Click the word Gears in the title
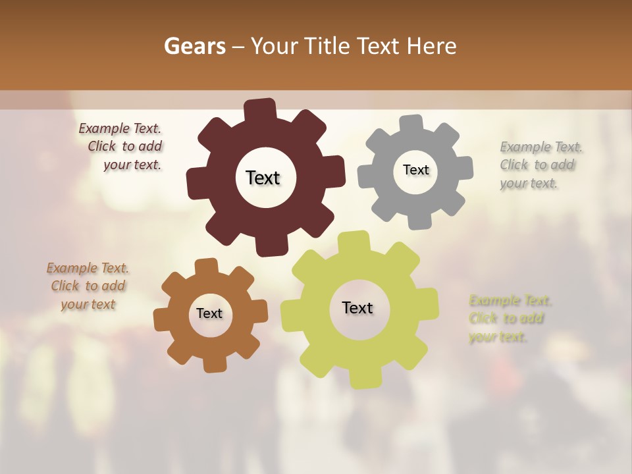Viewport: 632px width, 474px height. coord(195,46)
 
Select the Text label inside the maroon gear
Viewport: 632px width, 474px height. coord(263,178)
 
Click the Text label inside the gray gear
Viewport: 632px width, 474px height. coord(415,170)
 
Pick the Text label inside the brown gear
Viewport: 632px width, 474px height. coord(209,313)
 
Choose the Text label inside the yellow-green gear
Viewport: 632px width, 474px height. coord(357,307)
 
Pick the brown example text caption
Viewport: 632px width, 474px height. coord(88,286)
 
